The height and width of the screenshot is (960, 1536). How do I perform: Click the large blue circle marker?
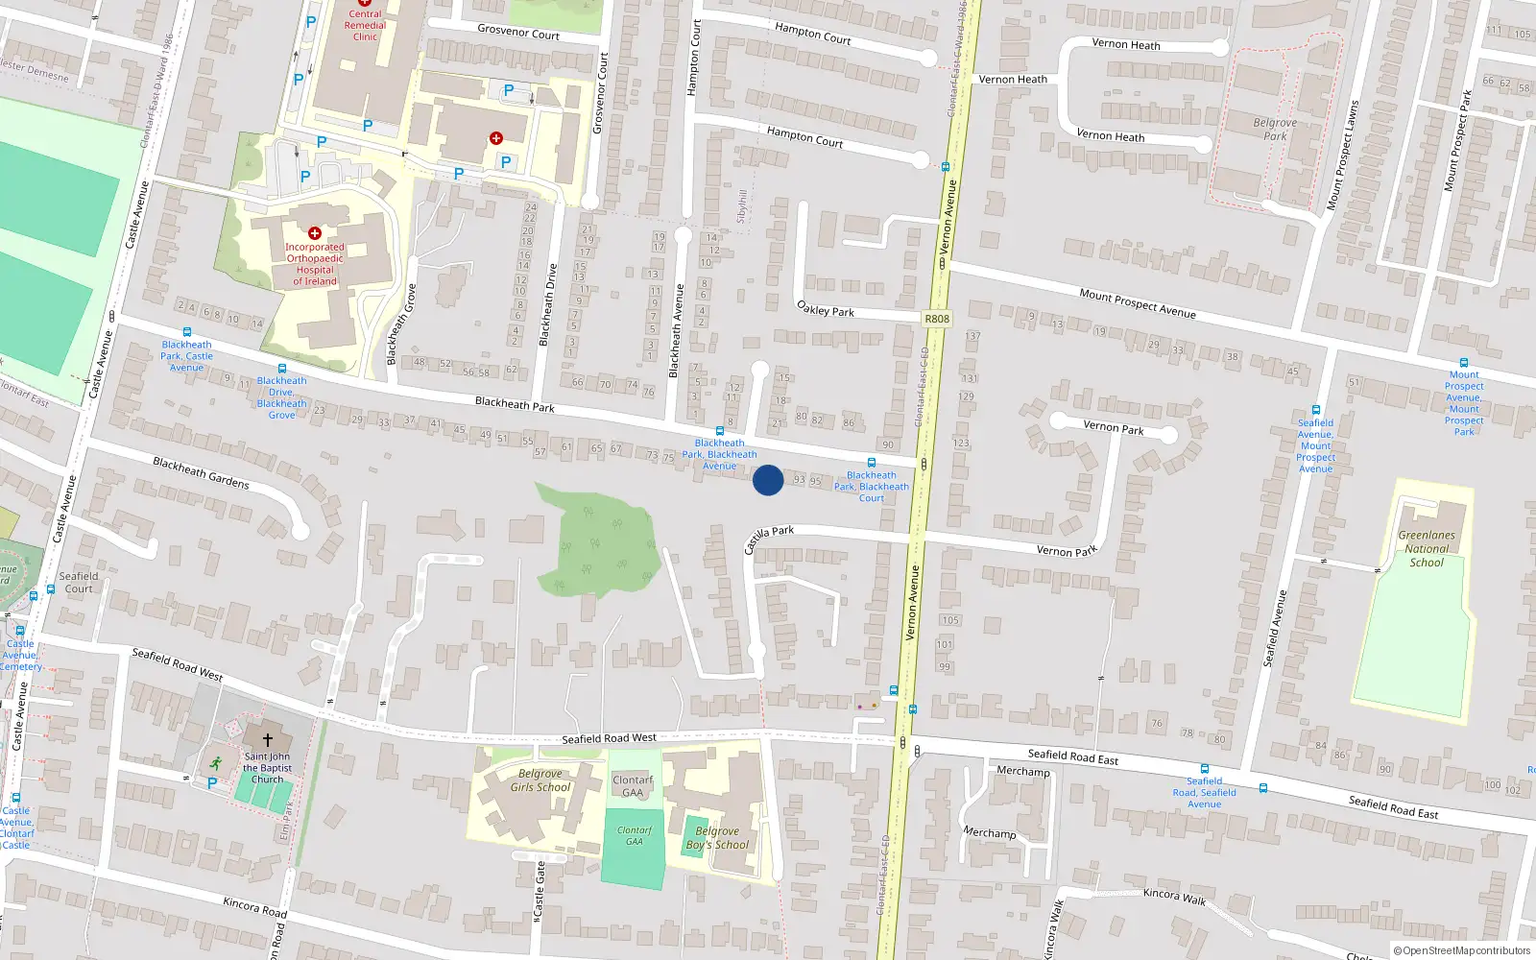click(767, 480)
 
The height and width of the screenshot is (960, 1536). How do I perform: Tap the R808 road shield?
click(936, 319)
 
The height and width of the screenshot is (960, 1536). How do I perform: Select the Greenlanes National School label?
click(1427, 548)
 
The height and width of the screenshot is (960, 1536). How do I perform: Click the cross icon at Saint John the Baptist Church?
click(267, 739)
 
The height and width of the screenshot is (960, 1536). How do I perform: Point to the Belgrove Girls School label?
click(540, 780)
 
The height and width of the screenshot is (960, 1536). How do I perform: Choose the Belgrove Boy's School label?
click(717, 838)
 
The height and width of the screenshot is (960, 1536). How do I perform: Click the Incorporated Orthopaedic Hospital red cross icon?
click(314, 233)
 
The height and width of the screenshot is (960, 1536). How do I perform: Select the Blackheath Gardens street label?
click(201, 472)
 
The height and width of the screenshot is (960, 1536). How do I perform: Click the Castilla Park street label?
click(769, 538)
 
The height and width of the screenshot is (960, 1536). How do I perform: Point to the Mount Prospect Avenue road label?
click(1138, 303)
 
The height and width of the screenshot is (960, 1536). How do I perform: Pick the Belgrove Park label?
click(1275, 130)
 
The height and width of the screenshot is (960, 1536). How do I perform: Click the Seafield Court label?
click(79, 583)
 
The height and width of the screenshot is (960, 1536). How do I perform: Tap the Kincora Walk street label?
click(1174, 897)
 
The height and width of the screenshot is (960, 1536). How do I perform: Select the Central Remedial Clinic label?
click(365, 25)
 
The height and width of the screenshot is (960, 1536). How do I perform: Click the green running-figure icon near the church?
click(215, 764)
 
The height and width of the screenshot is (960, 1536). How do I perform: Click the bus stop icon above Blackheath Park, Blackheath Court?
click(872, 463)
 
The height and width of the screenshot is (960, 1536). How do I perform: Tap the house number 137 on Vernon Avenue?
click(972, 336)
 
